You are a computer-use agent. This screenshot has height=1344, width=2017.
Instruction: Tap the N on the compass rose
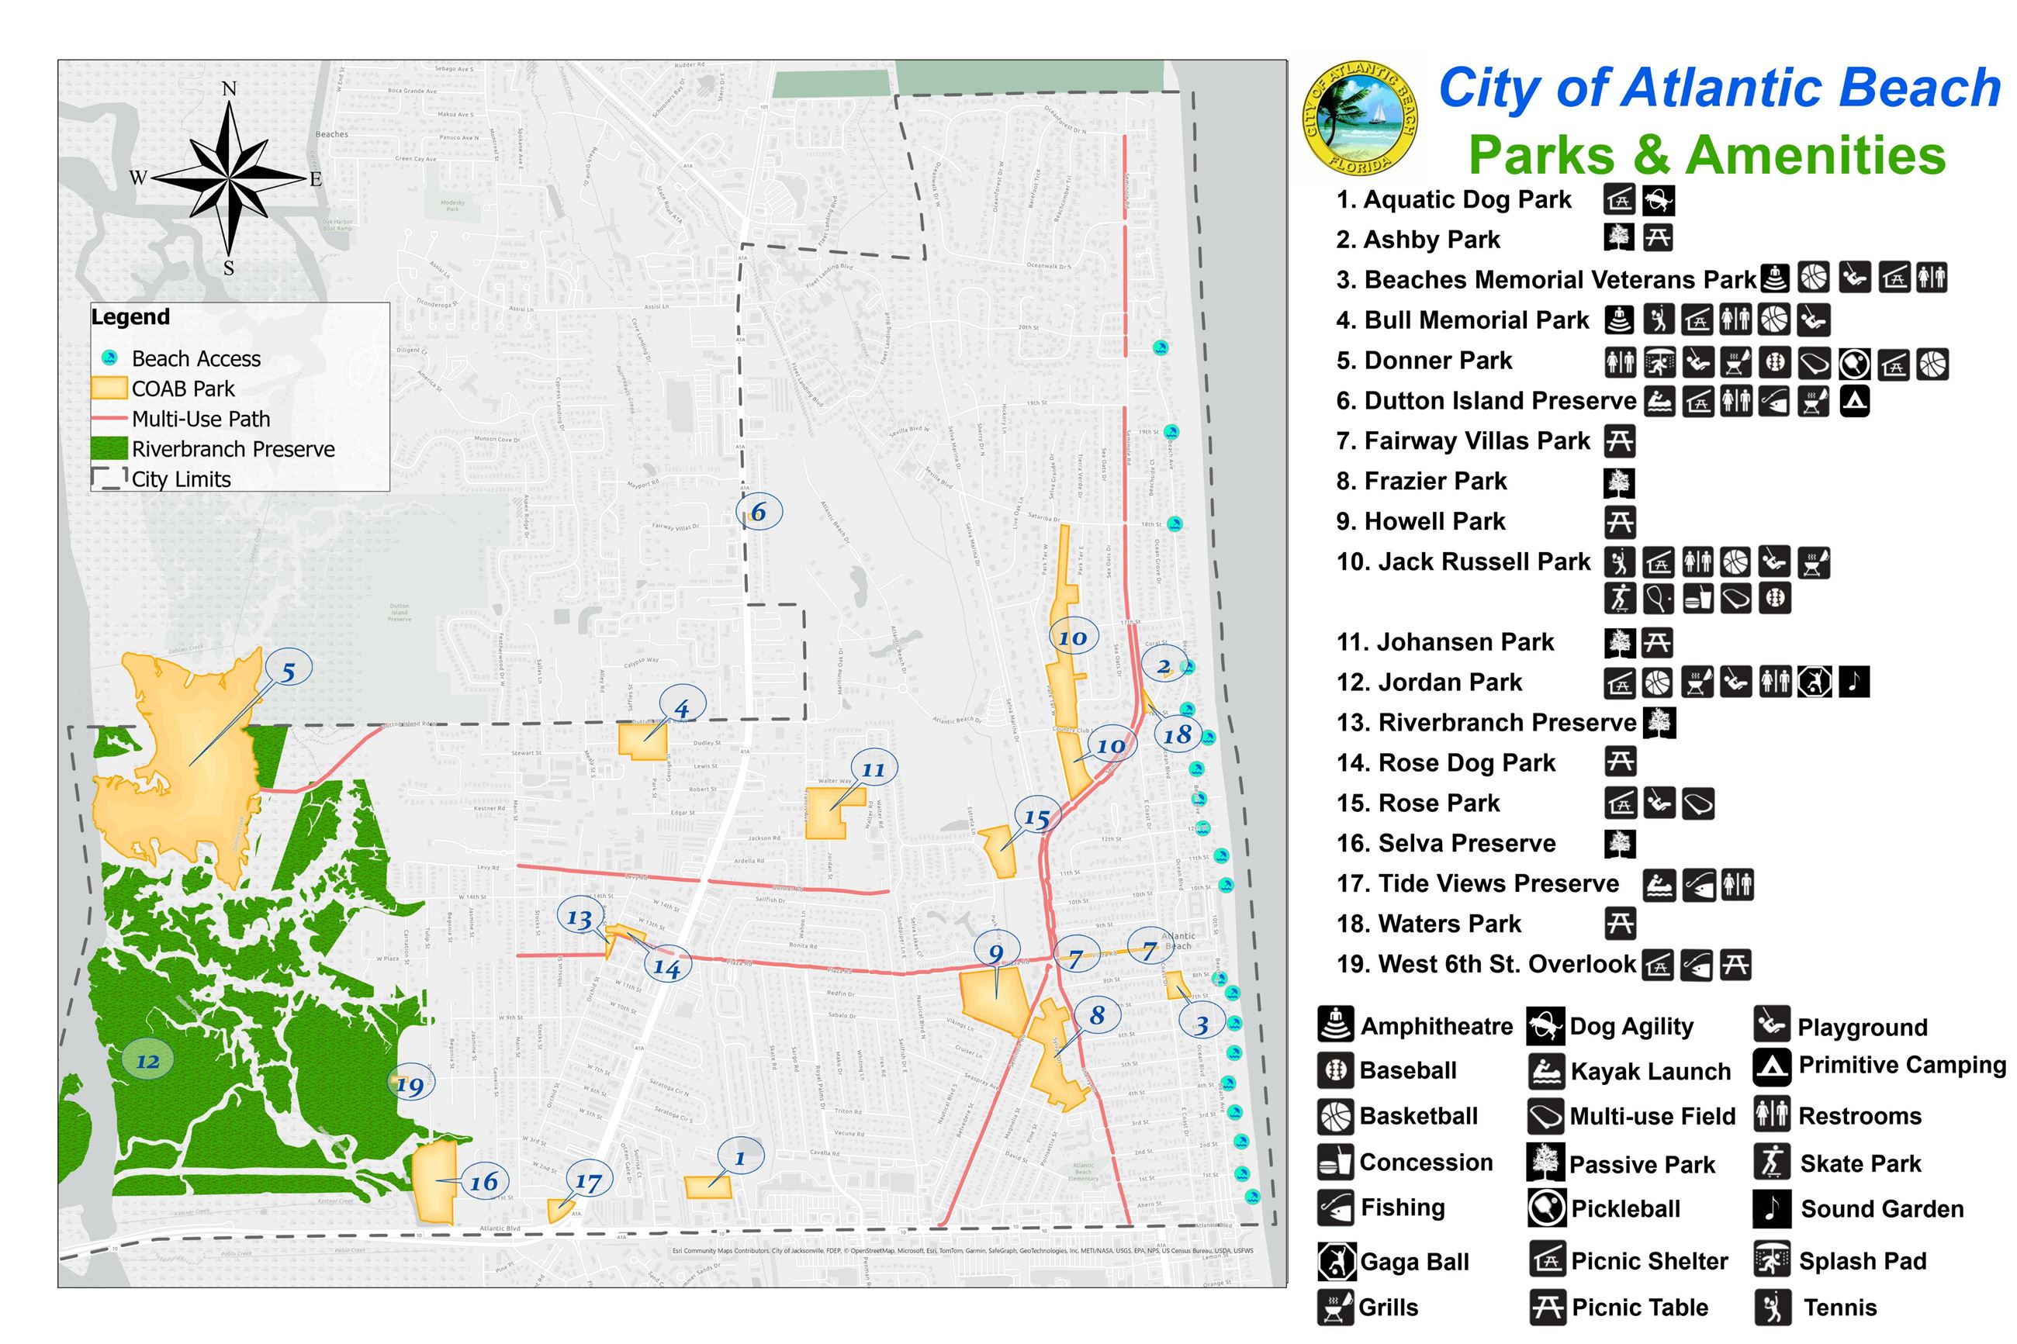tap(228, 89)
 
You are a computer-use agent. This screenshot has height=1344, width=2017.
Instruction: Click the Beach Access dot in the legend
tap(109, 358)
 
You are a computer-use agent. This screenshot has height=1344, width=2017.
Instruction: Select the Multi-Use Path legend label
tap(201, 419)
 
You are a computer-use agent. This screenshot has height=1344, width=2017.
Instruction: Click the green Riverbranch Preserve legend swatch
tap(109, 448)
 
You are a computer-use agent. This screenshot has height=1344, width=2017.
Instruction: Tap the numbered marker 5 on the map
tap(288, 672)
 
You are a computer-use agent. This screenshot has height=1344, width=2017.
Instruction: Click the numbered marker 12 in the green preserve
tap(147, 1061)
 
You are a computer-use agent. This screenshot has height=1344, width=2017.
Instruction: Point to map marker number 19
tap(410, 1086)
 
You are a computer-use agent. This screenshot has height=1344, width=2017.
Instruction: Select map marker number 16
tap(483, 1182)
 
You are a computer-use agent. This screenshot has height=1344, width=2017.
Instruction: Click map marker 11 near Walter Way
tap(873, 769)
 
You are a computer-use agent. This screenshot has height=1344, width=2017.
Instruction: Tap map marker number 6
tap(759, 512)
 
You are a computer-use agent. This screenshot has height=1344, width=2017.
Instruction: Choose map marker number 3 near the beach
tap(1202, 1024)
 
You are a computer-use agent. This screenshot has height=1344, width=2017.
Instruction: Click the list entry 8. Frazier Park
tap(1420, 482)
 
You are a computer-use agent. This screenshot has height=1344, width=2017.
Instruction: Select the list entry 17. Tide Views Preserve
tap(1477, 883)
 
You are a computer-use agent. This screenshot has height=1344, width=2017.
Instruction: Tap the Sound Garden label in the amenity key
tap(1881, 1209)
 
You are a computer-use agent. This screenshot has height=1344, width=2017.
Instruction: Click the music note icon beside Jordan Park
tap(1853, 682)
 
